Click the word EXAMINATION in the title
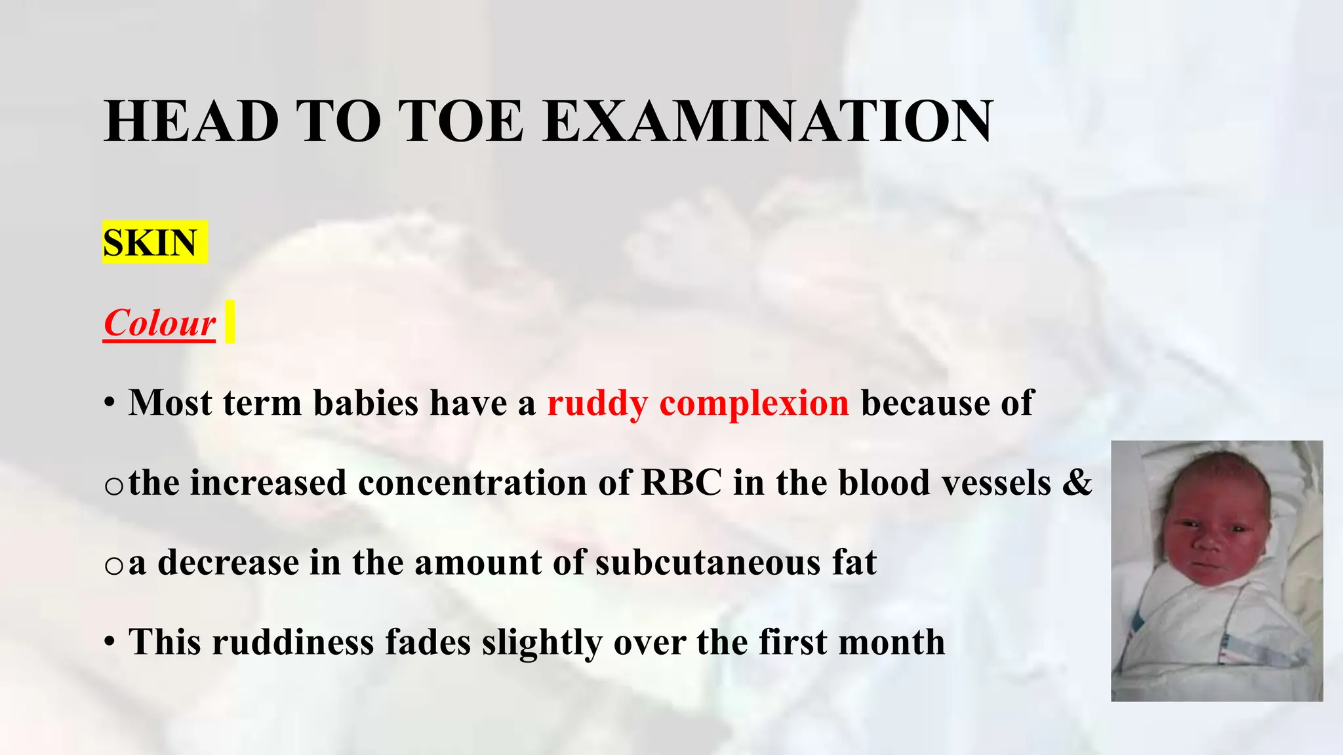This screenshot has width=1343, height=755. [768, 121]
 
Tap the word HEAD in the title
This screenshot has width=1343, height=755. [191, 121]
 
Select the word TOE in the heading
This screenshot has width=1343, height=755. [463, 121]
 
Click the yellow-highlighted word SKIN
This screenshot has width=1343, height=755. [151, 243]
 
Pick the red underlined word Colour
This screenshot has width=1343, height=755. [159, 323]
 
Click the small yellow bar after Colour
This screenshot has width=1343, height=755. [230, 322]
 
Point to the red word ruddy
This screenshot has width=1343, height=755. [597, 403]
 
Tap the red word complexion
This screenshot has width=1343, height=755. [754, 403]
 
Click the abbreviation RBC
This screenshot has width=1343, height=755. [681, 483]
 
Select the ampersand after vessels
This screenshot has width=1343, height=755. [1077, 483]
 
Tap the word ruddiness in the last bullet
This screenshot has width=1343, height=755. [292, 642]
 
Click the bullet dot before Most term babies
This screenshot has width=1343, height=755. [110, 403]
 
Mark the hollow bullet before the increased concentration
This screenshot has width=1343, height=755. [113, 486]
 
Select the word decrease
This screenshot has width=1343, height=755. [228, 563]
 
